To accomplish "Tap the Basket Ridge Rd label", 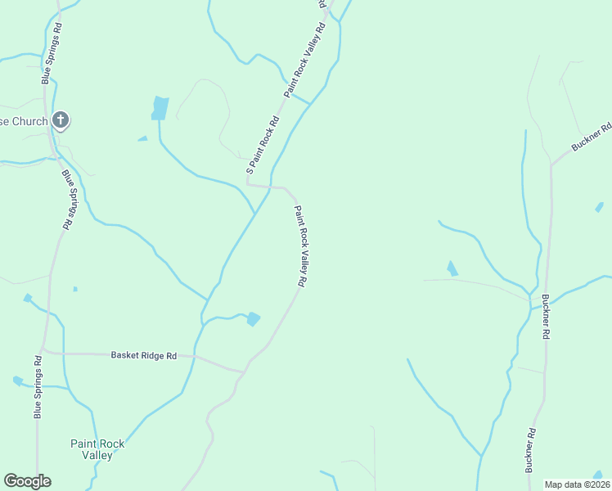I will click(143, 356).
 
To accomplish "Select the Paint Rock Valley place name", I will click(97, 449).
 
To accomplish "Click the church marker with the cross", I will click(60, 121).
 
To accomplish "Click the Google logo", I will click(27, 481).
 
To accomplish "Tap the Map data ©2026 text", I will click(576, 484).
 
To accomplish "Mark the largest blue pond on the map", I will click(160, 108).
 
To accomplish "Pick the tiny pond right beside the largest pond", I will click(142, 138).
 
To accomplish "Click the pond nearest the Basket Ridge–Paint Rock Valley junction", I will click(254, 319).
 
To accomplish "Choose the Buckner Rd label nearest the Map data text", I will click(530, 450).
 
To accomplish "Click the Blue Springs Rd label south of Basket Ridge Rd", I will click(37, 388).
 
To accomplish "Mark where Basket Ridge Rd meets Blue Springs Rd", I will click(45, 353).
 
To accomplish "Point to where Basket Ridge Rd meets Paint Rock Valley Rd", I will click(243, 372).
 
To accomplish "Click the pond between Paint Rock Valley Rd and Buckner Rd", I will click(452, 268).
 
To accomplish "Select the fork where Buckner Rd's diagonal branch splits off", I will click(551, 164).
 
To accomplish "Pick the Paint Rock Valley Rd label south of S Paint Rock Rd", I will click(300, 245).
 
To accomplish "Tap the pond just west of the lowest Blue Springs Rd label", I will click(18, 381).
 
